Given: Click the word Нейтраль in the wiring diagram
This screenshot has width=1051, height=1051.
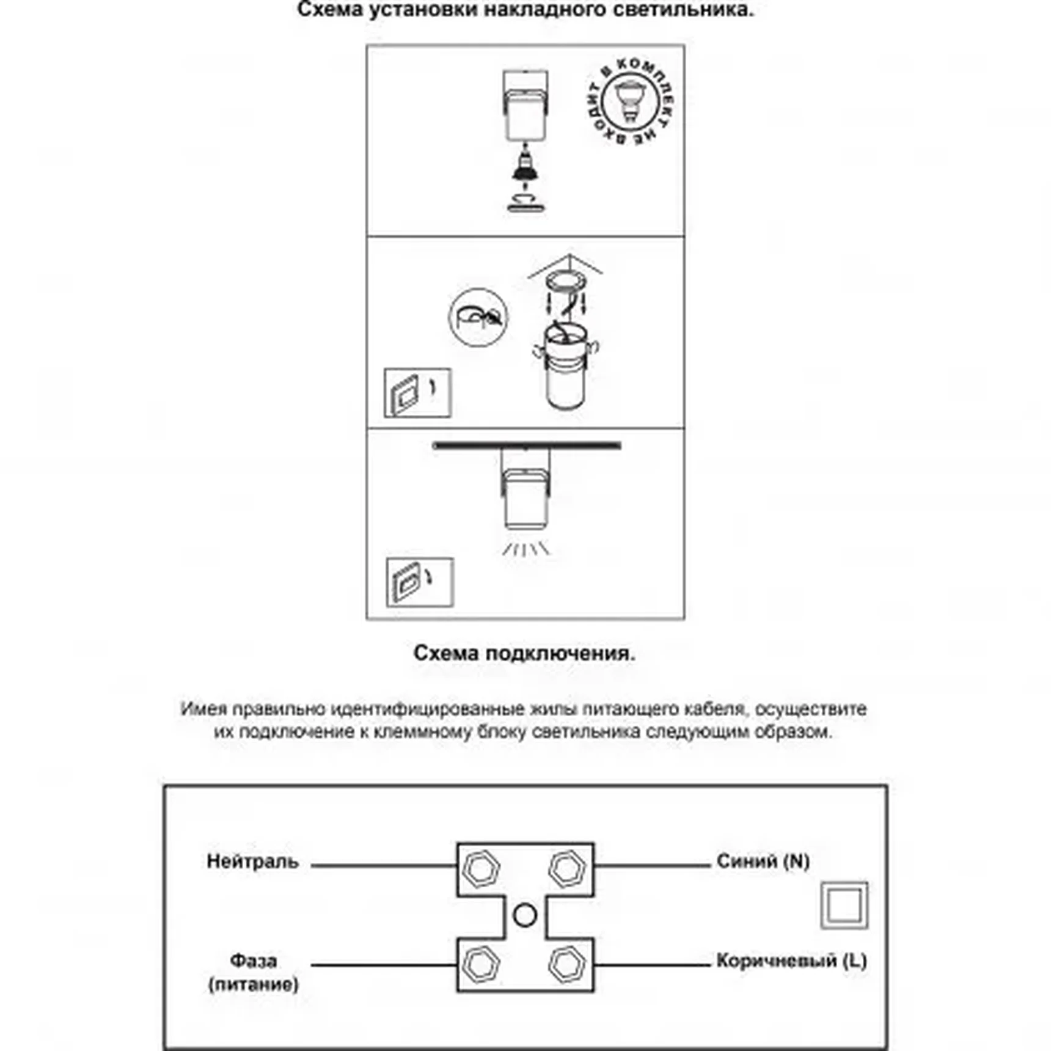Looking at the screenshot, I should (252, 861).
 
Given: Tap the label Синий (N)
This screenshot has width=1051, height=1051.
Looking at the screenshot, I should (763, 861).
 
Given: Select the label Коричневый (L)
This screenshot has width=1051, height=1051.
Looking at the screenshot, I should (791, 961).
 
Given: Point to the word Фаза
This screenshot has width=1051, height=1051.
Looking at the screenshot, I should (253, 961).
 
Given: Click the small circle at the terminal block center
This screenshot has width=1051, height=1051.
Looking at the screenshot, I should (525, 915).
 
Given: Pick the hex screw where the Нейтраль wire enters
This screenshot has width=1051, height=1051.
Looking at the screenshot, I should (481, 868).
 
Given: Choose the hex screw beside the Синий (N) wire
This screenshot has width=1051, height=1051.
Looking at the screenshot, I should (568, 868).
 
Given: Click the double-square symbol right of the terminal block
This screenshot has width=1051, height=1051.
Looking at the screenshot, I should (844, 905).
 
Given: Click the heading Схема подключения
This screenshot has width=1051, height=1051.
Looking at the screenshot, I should (524, 653).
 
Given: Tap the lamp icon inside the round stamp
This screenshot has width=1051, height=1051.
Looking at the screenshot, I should (629, 100).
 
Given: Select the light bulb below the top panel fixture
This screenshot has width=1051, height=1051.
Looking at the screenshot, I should (525, 169).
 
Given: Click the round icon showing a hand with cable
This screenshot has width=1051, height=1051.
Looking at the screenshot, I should (478, 317).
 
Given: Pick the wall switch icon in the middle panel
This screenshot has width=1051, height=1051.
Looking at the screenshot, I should (417, 393).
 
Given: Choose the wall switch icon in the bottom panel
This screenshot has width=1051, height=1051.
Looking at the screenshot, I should (420, 582).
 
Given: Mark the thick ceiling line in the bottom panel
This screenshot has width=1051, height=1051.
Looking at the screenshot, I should (526, 445).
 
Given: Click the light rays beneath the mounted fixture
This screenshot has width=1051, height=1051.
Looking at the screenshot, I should (525, 549).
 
